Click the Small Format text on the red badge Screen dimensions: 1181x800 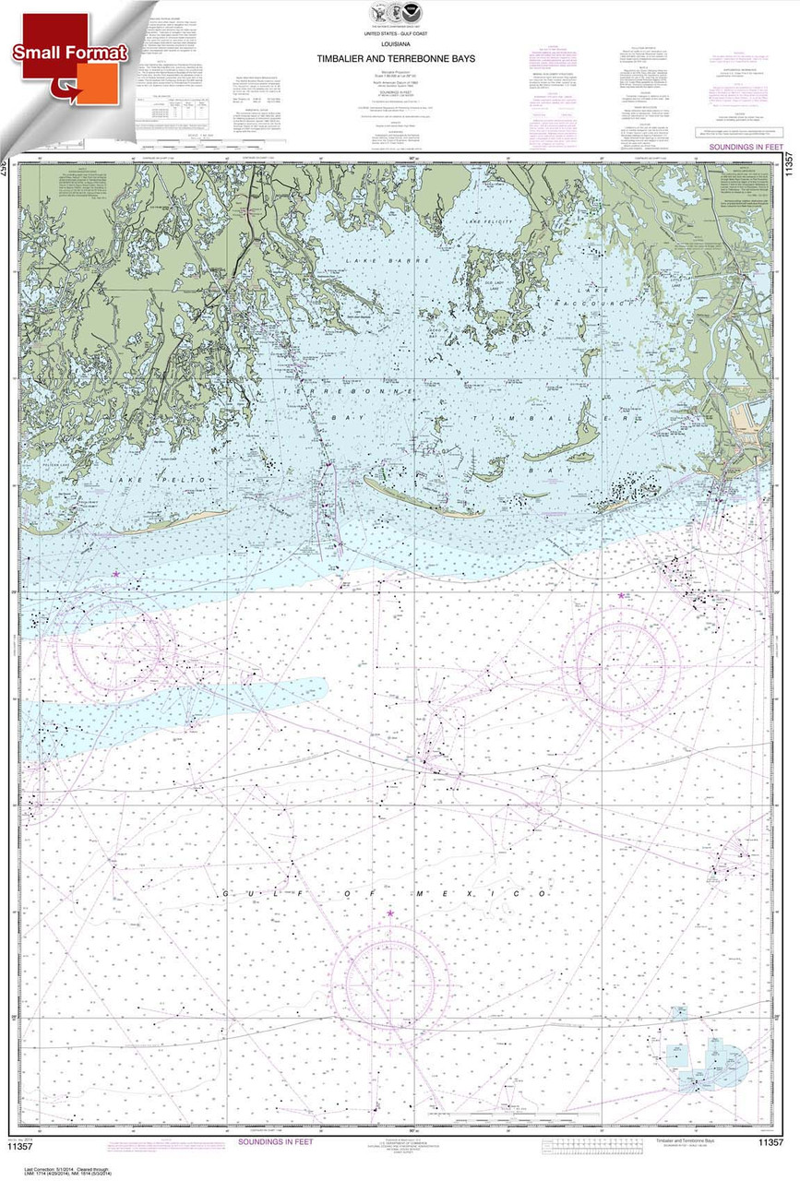click(69, 54)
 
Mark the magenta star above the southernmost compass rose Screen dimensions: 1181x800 click(390, 913)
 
